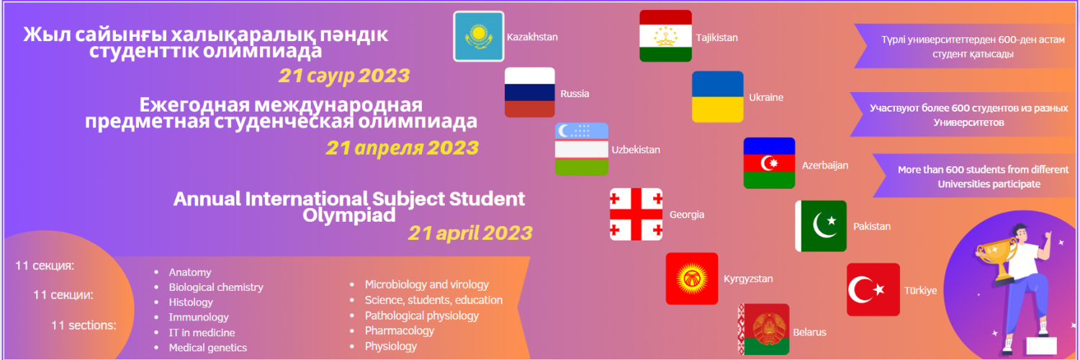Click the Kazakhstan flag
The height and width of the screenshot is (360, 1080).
479,37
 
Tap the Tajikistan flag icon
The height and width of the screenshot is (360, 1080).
665,36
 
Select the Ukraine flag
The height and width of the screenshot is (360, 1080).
717,97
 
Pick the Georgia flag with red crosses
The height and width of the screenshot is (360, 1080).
636,214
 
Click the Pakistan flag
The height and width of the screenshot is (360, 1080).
821,226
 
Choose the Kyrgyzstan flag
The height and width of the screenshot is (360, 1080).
692,279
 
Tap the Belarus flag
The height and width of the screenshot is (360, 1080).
764,330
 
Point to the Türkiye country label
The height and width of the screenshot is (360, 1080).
920,291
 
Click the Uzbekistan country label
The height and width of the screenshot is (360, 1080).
636,150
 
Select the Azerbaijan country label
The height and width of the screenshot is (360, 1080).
825,166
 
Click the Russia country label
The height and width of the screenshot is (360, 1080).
575,94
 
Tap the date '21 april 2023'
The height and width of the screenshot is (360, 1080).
470,233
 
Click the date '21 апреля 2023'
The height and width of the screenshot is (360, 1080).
402,148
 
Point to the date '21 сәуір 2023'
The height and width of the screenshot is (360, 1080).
344,76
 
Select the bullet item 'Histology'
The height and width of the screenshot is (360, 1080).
191,302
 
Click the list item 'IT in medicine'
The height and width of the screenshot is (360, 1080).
202,333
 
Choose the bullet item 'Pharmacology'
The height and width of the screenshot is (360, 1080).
399,330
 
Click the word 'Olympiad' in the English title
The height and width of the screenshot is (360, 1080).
349,215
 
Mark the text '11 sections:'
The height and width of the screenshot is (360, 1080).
84,325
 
